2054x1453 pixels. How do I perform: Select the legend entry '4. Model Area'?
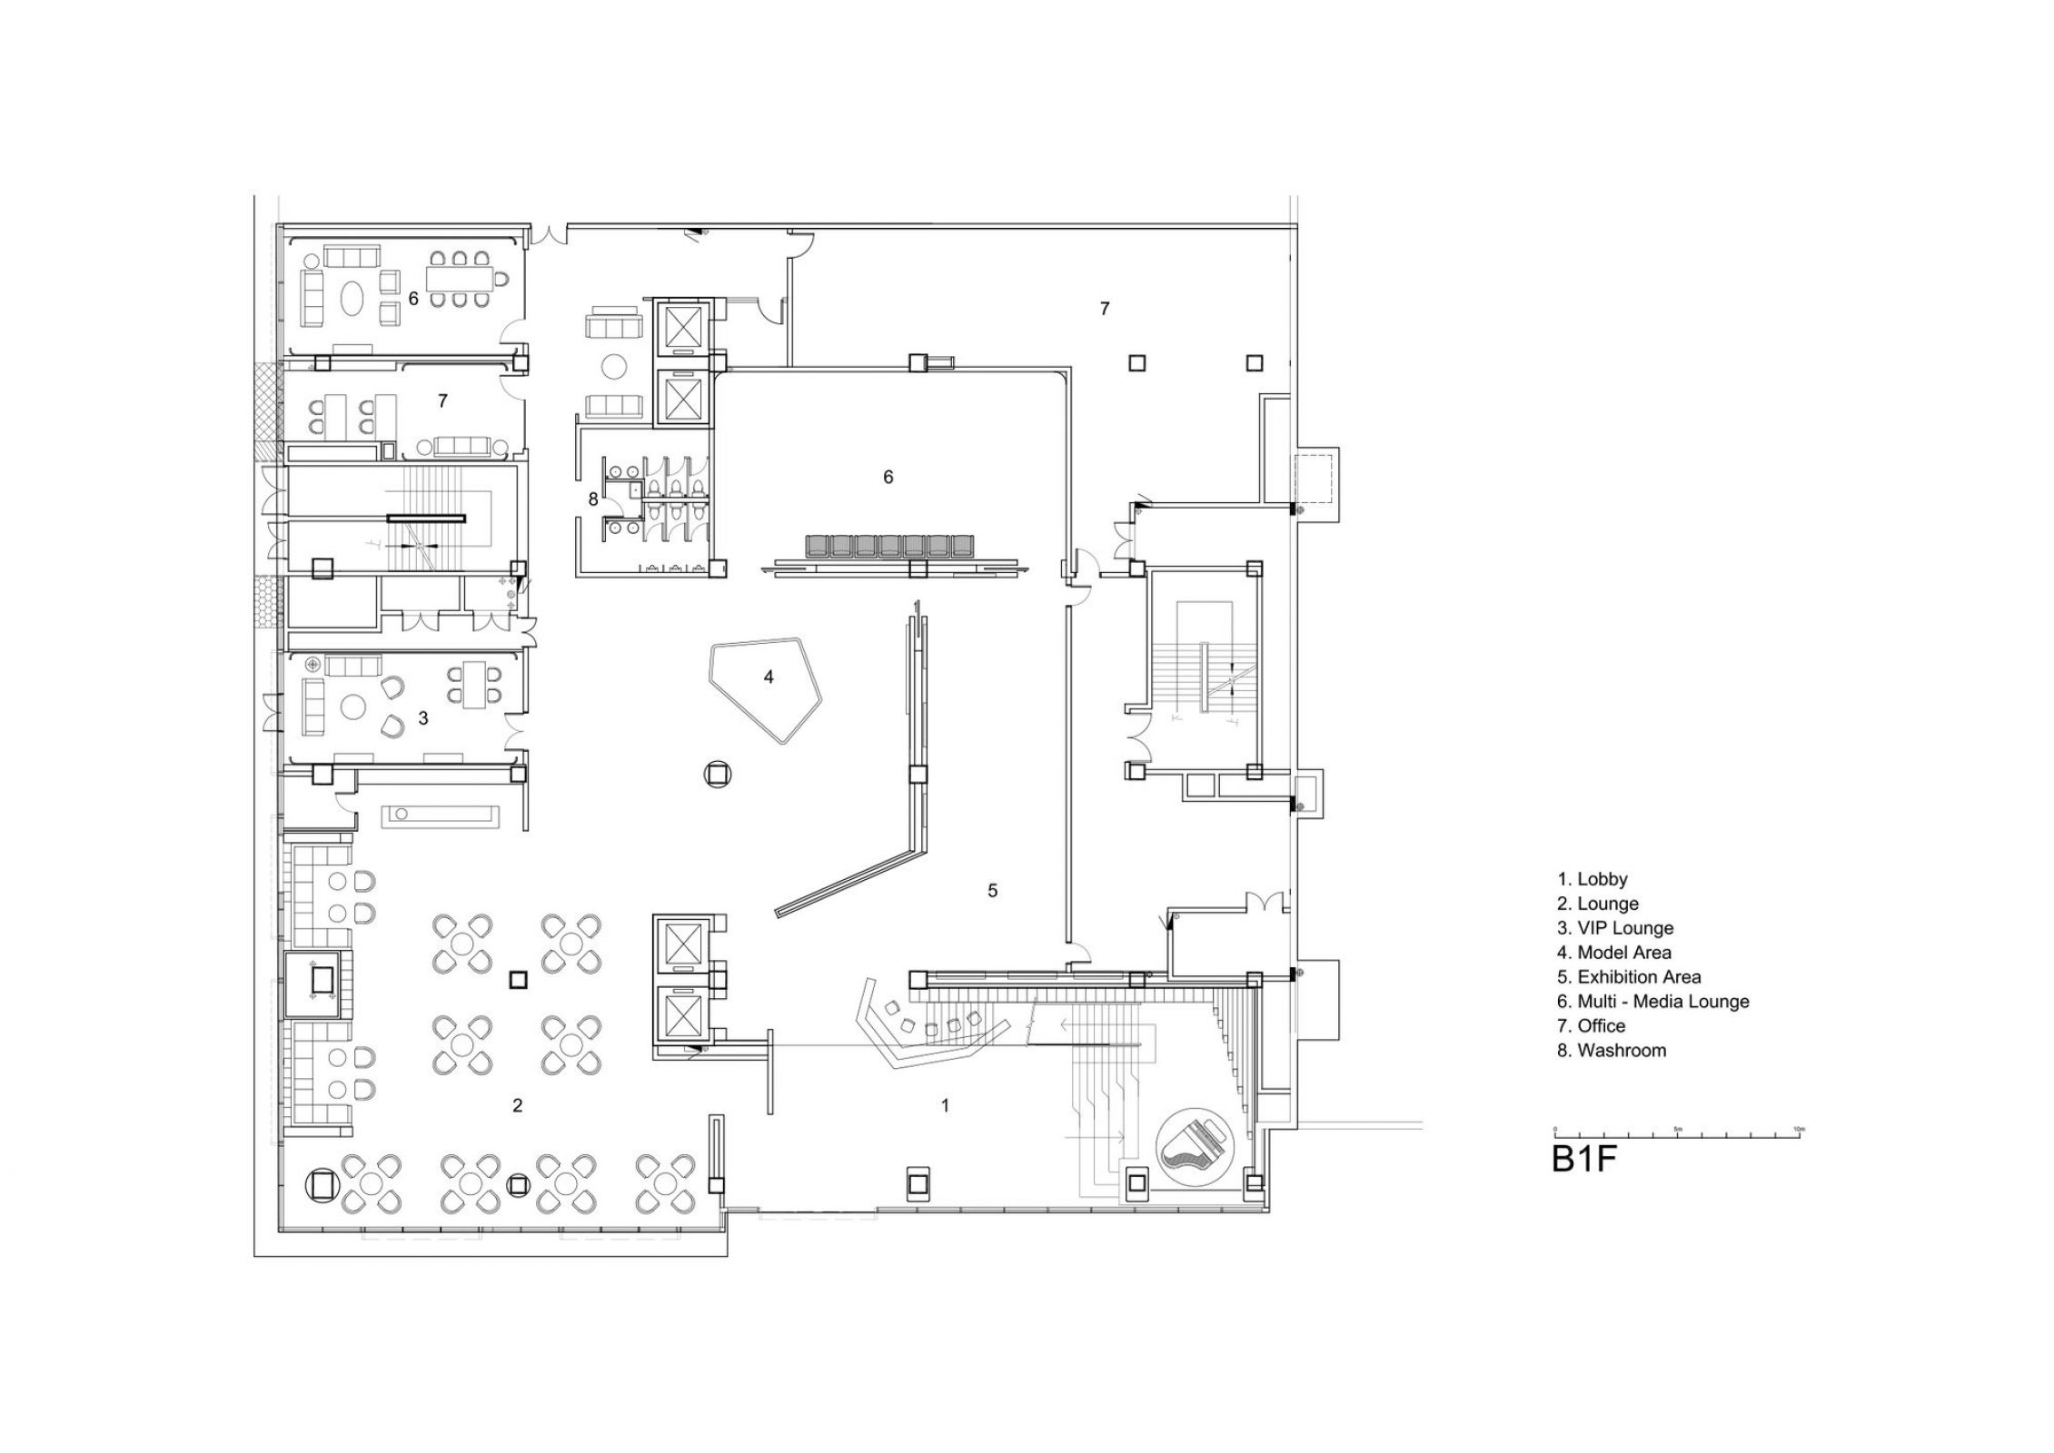pos(1614,953)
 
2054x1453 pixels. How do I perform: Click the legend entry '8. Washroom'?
pos(1612,1051)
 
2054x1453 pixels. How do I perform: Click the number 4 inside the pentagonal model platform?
pos(769,677)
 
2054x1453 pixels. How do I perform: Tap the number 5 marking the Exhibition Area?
pos(992,891)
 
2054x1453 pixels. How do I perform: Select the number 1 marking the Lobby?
pos(945,1105)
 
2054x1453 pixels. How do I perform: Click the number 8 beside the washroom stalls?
pos(593,499)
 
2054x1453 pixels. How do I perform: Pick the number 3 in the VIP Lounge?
pos(422,718)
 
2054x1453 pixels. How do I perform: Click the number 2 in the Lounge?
pos(517,1105)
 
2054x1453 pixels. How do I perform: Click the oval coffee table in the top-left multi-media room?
pos(353,296)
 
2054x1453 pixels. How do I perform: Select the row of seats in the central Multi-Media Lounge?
pos(890,546)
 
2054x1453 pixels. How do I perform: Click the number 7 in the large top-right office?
pos(1104,309)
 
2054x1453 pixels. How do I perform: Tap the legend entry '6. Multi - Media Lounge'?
pos(1652,1002)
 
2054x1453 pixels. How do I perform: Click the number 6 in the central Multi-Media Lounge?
pos(888,477)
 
